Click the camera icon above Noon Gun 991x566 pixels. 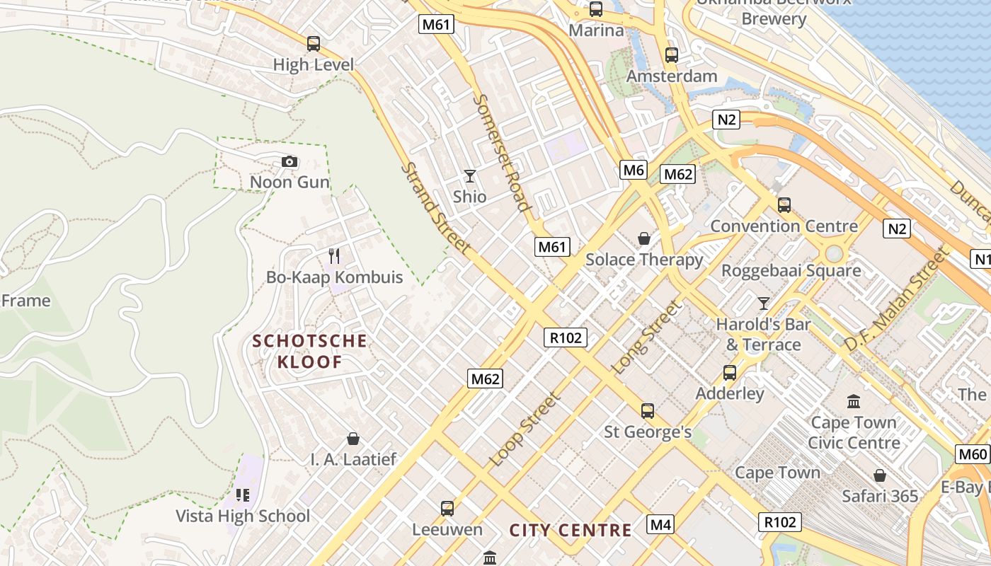click(x=289, y=162)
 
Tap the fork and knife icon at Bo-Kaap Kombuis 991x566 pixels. click(x=334, y=256)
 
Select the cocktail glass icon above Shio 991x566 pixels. click(x=469, y=175)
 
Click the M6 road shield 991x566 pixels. click(x=634, y=169)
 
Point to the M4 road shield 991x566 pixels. click(x=660, y=524)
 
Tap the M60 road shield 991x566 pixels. click(x=973, y=454)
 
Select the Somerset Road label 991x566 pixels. click(x=502, y=153)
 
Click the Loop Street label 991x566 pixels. click(x=525, y=429)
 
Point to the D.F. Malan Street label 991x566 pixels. click(x=895, y=300)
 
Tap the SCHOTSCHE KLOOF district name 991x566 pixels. click(x=310, y=352)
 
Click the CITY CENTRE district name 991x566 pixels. click(x=571, y=530)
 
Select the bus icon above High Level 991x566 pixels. click(x=313, y=44)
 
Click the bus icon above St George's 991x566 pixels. click(x=647, y=410)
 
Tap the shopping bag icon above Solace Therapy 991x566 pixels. click(x=644, y=238)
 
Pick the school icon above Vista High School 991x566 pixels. click(x=243, y=495)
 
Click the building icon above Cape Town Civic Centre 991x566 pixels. click(x=854, y=402)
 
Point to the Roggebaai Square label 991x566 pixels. click(x=791, y=270)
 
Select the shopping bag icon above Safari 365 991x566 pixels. click(x=880, y=475)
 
